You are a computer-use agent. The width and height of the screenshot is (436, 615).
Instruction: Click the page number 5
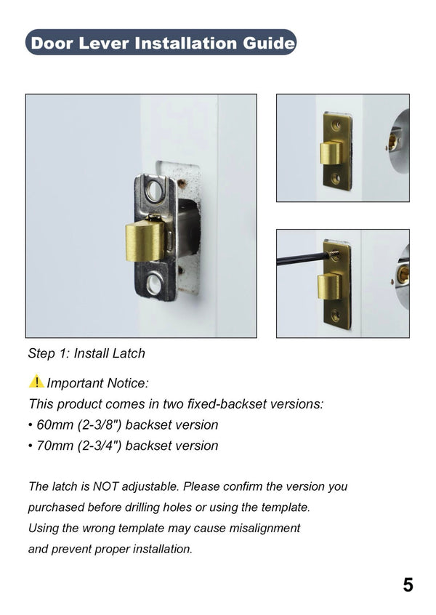coord(408,584)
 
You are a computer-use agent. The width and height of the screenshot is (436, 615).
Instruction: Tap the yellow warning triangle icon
coord(36,381)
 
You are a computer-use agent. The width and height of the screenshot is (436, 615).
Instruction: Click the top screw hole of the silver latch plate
coord(154,191)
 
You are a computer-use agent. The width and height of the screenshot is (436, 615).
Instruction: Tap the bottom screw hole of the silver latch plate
coord(154,284)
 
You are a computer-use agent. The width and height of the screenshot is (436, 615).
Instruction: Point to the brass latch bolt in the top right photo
coord(331,153)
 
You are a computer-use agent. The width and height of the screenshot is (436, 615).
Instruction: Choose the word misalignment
coord(263,528)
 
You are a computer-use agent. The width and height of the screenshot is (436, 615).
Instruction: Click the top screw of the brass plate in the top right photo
coord(336,126)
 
